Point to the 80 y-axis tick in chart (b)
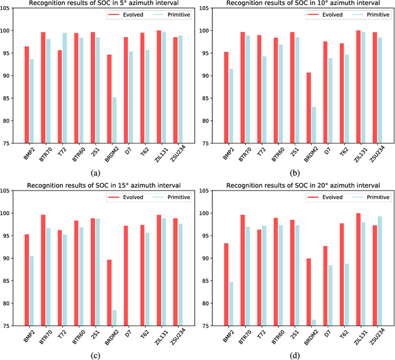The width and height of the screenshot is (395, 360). point(208,120)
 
